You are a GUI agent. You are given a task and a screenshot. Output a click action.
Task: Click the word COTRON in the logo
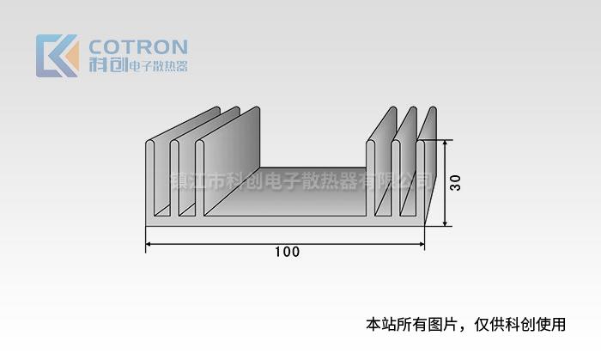[138, 46]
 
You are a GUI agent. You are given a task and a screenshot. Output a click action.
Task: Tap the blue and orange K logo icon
[57, 56]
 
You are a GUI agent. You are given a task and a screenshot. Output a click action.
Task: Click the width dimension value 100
[287, 253]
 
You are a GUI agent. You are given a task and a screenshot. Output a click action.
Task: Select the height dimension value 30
[456, 183]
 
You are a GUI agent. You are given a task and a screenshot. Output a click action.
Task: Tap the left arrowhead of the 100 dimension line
[149, 245]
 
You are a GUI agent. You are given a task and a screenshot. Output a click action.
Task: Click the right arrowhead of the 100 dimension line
[422, 245]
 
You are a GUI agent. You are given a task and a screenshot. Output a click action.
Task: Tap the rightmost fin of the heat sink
[422, 172]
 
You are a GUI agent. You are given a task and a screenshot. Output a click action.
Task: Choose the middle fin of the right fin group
[397, 172]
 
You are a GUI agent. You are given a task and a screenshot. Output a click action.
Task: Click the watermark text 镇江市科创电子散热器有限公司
[300, 181]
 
